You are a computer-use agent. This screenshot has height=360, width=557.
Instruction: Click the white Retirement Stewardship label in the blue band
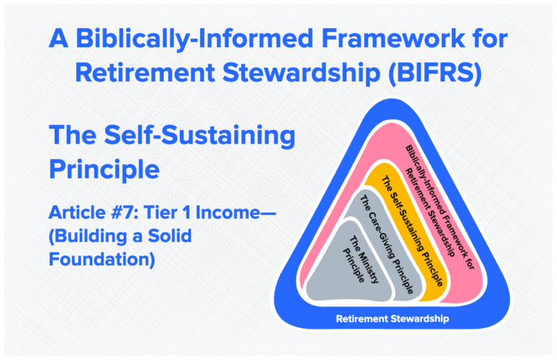(392, 318)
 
